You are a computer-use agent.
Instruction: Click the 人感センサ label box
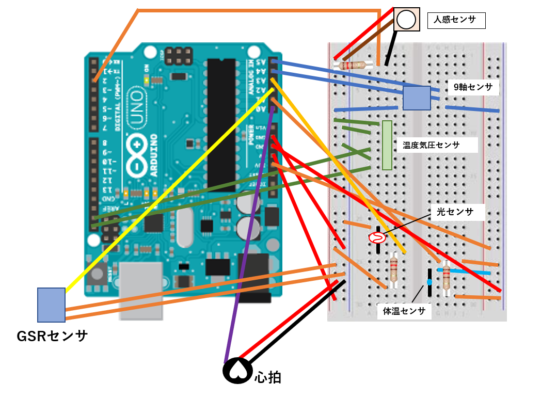pyautogui.click(x=457, y=21)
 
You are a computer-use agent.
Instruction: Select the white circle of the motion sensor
pyautogui.click(x=406, y=20)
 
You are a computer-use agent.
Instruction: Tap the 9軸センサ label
pyautogui.click(x=473, y=87)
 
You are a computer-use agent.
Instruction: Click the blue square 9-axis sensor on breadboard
pyautogui.click(x=417, y=98)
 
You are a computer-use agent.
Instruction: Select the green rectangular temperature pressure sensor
pyautogui.click(x=387, y=145)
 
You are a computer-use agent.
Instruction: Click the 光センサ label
pyautogui.click(x=458, y=212)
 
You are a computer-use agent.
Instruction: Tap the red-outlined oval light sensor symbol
pyautogui.click(x=377, y=238)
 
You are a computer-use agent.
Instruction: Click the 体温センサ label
pyautogui.click(x=404, y=311)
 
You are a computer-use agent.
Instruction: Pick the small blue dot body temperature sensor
pyautogui.click(x=429, y=282)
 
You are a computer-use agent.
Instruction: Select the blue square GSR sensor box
pyautogui.click(x=51, y=305)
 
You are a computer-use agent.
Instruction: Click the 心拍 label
pyautogui.click(x=268, y=377)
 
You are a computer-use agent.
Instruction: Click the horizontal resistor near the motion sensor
pyautogui.click(x=354, y=66)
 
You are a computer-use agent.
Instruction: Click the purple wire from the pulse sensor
pyautogui.click(x=248, y=248)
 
